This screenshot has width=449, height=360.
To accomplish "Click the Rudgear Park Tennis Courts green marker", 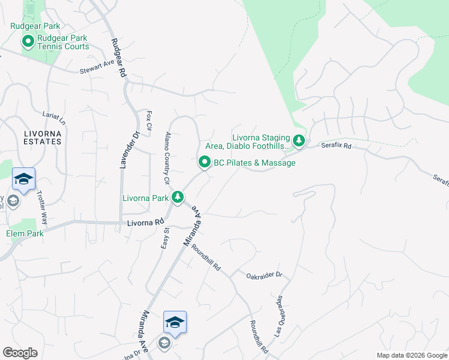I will [x=28, y=42].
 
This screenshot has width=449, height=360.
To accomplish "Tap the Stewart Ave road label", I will [x=97, y=71].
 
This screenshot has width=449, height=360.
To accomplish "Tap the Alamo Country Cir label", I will [x=167, y=158].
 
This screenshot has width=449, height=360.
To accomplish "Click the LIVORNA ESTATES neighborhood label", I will [x=34, y=137].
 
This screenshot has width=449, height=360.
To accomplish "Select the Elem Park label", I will [x=25, y=233].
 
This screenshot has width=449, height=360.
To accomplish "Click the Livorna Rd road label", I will [x=146, y=222].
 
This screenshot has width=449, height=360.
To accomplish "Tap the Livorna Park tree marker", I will [x=178, y=197].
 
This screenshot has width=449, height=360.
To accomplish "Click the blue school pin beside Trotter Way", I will [x=23, y=178].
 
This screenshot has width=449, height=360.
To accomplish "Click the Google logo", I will [x=20, y=353].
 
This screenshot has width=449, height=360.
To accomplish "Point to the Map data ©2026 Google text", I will [x=411, y=355].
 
